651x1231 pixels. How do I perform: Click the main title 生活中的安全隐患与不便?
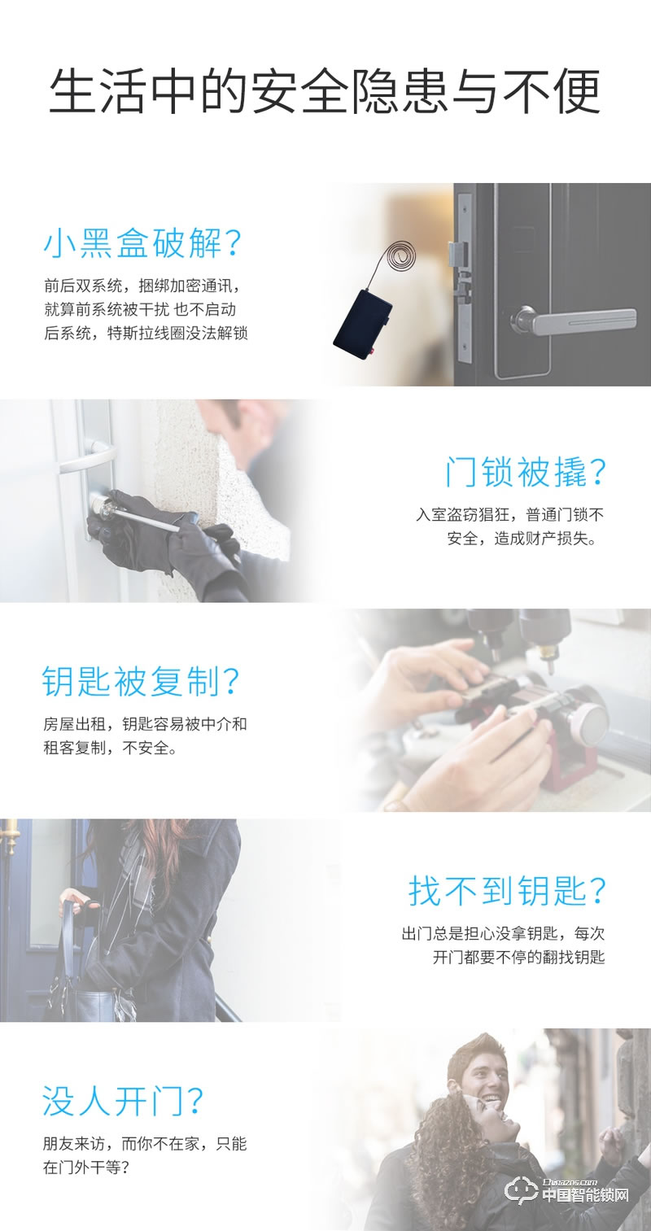coord(325,92)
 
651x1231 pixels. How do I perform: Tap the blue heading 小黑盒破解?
coord(143,243)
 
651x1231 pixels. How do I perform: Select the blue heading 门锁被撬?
coord(526,472)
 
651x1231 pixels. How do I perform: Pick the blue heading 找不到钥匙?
coord(507,892)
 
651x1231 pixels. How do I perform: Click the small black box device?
coord(363,325)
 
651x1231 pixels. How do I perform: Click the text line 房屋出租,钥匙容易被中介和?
coord(145,723)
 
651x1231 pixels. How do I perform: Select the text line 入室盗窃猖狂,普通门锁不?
coord(509,515)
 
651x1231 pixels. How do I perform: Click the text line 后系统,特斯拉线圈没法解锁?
coord(145,333)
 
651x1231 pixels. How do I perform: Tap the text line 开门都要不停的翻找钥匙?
coord(518,957)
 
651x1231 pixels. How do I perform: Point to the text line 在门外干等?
coord(86,1168)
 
